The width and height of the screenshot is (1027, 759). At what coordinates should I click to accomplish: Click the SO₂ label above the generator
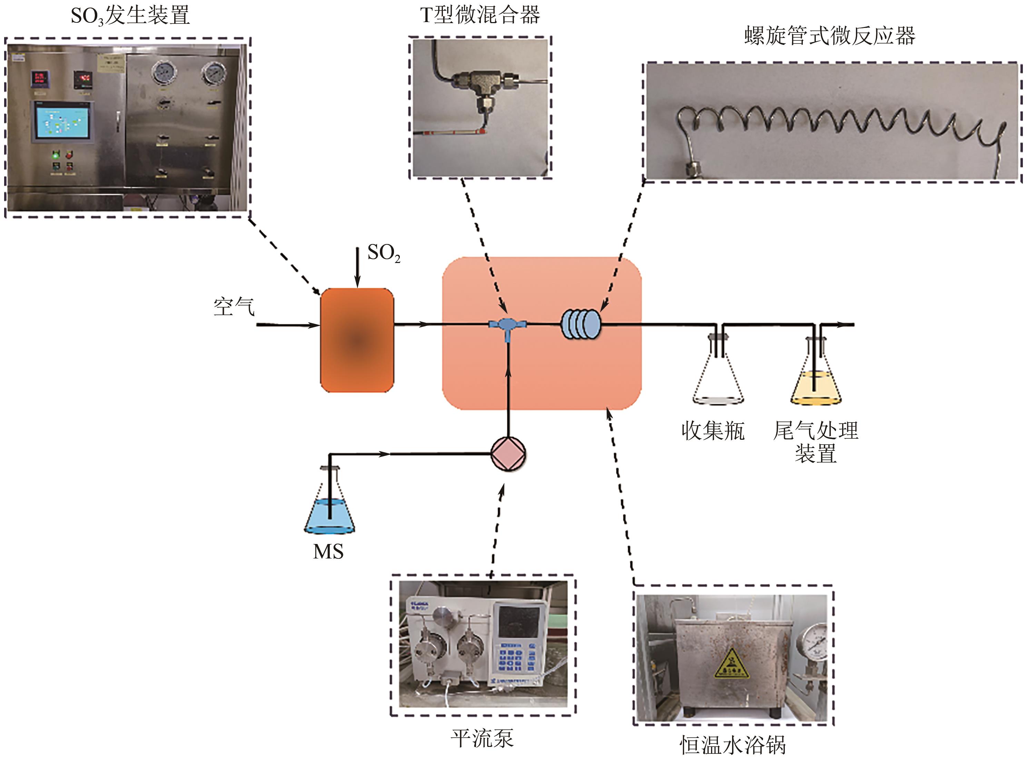tap(383, 253)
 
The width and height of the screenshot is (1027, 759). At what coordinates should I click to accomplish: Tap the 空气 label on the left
tap(234, 306)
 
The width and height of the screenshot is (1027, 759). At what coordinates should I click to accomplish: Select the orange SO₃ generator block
tap(357, 340)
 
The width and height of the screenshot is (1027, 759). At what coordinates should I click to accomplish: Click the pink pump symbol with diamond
tap(508, 454)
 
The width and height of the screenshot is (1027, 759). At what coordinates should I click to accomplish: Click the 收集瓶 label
tap(712, 431)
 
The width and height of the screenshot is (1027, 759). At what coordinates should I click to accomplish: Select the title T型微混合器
tap(480, 15)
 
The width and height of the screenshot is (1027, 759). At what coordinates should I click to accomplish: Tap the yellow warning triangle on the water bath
tap(731, 664)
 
